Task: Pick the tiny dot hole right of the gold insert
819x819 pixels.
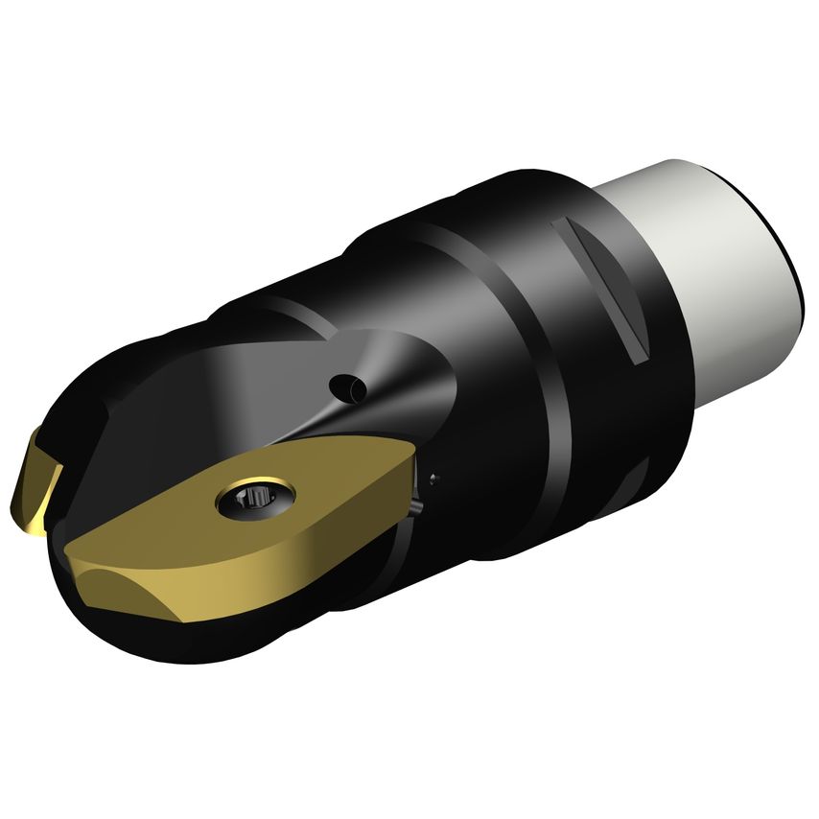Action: [x=434, y=477]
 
